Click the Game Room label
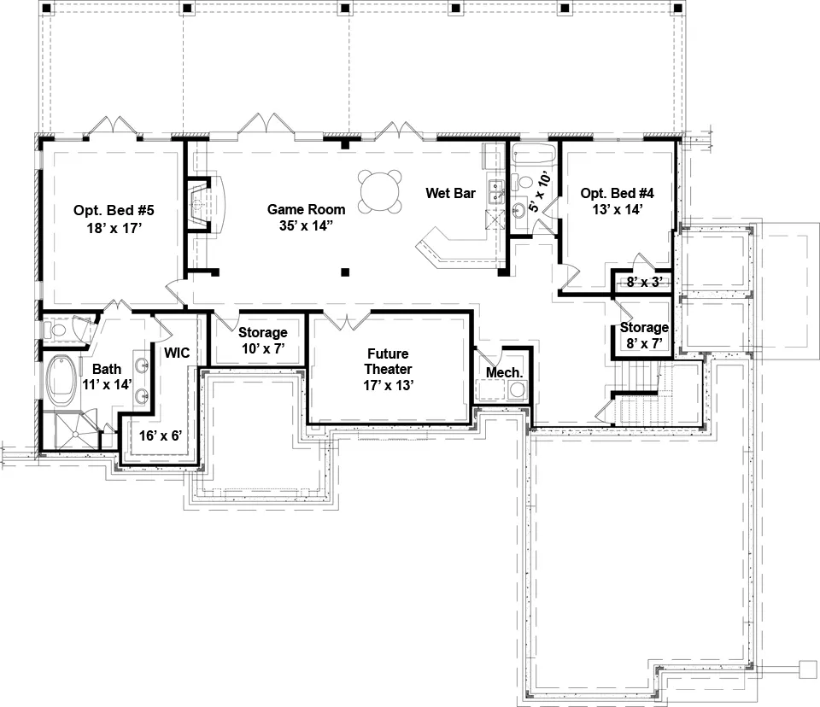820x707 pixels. pos(306,209)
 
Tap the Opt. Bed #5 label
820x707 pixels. pos(114,210)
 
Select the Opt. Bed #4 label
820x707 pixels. pos(617,193)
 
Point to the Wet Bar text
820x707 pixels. pos(450,193)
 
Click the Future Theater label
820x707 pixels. pos(388,361)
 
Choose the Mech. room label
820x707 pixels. pos(504,373)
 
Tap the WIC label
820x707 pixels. pos(177,353)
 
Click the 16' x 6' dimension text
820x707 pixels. pos(160,435)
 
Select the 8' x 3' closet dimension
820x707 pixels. pos(644,282)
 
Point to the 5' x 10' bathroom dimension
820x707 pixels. pos(540,191)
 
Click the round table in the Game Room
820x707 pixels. pos(380,191)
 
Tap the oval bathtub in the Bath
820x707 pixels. pos(61,380)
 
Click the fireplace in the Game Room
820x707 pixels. pos(206,205)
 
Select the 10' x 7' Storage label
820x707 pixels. pos(262,341)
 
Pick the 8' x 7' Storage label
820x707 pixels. pos(644,336)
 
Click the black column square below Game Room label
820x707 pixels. pos(344,272)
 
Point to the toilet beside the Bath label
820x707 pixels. pos(55,330)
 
